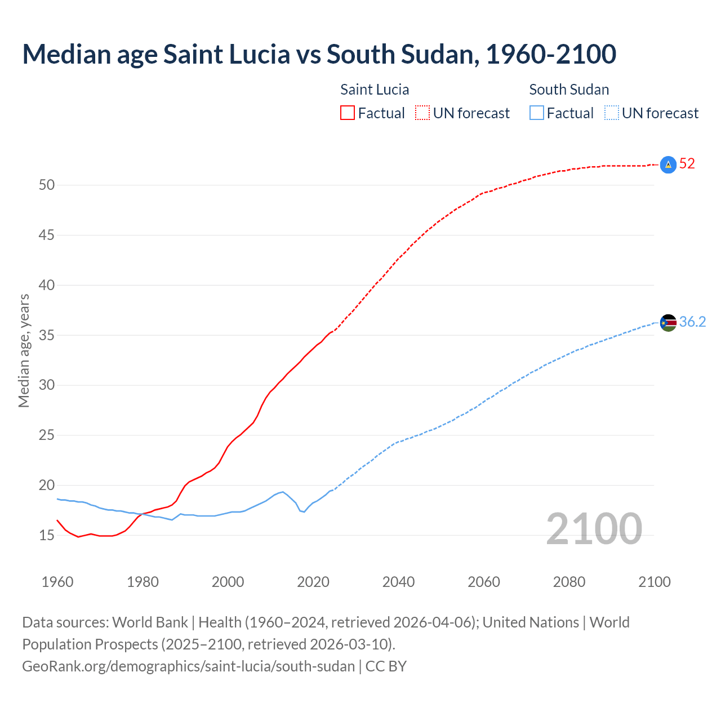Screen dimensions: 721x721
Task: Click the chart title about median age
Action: (319, 54)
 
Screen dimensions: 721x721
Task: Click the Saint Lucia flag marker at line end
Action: (668, 164)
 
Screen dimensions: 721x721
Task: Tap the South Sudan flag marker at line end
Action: (668, 323)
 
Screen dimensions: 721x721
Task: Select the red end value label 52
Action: (687, 164)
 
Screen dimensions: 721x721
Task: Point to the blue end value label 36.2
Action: (692, 322)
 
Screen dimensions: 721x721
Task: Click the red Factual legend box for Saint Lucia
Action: (348, 113)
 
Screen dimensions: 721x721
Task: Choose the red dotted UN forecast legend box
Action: (422, 113)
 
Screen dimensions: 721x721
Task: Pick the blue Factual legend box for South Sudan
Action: (537, 113)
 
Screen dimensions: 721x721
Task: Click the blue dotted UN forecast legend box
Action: (611, 113)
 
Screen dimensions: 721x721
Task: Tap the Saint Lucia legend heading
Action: (375, 90)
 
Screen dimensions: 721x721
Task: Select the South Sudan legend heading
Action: (569, 90)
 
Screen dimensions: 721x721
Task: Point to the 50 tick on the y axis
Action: (47, 185)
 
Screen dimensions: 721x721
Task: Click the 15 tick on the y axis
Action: (47, 535)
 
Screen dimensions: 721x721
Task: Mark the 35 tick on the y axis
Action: (47, 335)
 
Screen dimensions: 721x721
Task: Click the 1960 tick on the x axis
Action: (57, 582)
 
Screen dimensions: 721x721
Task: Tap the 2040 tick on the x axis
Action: (398, 582)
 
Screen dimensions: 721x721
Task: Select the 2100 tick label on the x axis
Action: (655, 582)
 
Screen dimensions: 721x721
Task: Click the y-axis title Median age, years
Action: (24, 350)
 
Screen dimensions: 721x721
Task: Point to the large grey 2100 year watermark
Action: (594, 528)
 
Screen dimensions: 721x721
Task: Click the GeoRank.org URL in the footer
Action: (189, 666)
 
